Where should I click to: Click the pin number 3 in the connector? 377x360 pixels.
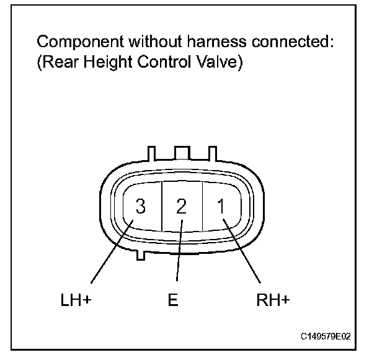click(141, 207)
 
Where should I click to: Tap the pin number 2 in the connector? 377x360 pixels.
click(180, 207)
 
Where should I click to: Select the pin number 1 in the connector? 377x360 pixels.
click(220, 207)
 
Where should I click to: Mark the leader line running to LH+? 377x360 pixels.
click(109, 256)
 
